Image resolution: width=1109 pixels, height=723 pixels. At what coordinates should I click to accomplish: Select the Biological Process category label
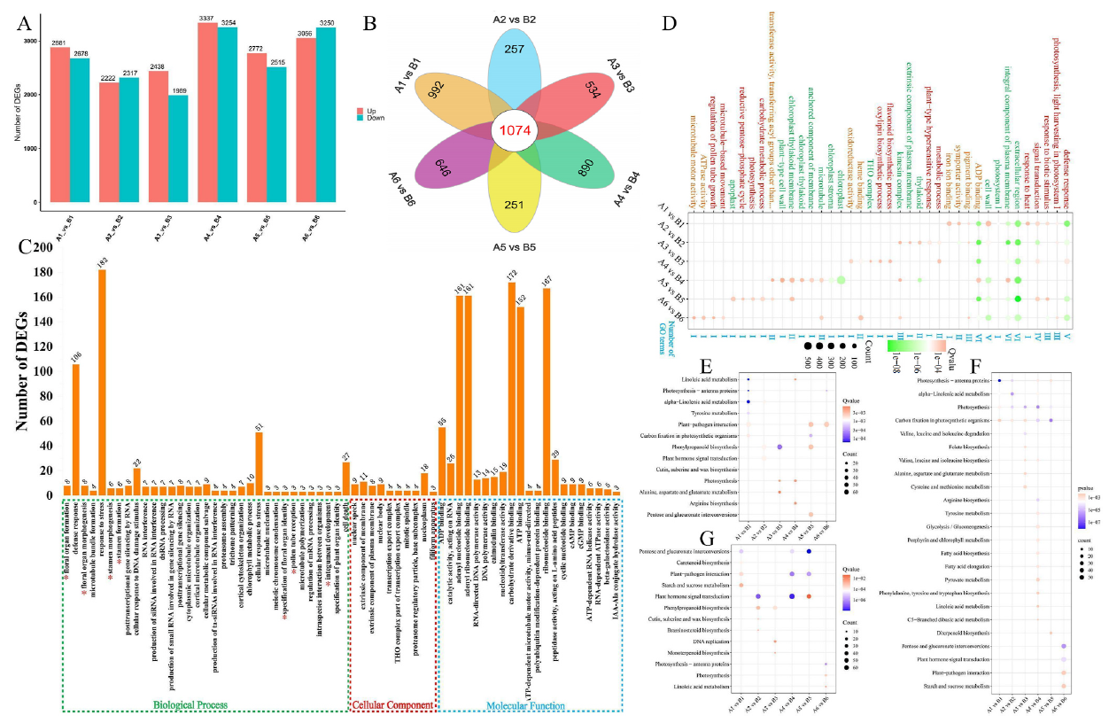tap(189, 705)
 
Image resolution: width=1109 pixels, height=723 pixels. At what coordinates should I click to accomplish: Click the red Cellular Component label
tap(392, 705)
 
